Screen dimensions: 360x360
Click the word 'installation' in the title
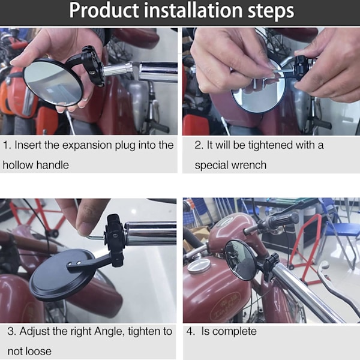pyautogui.click(x=193, y=10)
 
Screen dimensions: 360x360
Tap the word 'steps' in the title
pyautogui.click(x=271, y=11)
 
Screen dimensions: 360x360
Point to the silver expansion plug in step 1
pyautogui.click(x=118, y=70)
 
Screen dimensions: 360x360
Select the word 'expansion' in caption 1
pyautogui.click(x=87, y=146)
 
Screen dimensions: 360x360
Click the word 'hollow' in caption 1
pyautogui.click(x=18, y=165)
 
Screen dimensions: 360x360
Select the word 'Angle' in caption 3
pyautogui.click(x=109, y=332)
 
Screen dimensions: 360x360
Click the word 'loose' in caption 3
pyautogui.click(x=38, y=352)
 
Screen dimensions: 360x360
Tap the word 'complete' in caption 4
pyautogui.click(x=229, y=332)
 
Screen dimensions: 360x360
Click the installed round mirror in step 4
pyautogui.click(x=240, y=260)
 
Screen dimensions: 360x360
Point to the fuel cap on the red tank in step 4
pyautogui.click(x=199, y=267)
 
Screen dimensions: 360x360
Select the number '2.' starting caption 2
pyautogui.click(x=199, y=146)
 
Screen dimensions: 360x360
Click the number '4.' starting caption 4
pyautogui.click(x=191, y=332)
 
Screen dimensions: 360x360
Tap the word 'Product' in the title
pyautogui.click(x=104, y=10)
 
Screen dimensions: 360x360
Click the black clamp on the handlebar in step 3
pyautogui.click(x=115, y=240)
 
